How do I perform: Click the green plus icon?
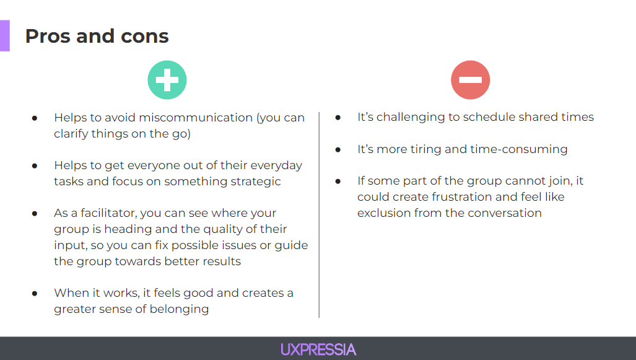(167, 80)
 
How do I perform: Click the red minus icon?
(471, 80)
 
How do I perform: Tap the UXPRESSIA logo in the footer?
(318, 349)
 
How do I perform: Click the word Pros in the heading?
(47, 36)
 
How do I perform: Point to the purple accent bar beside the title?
(4, 35)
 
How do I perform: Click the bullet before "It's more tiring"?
(338, 149)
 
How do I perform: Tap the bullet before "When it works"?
(35, 293)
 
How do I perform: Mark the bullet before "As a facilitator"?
(35, 213)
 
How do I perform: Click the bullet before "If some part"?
(338, 182)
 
